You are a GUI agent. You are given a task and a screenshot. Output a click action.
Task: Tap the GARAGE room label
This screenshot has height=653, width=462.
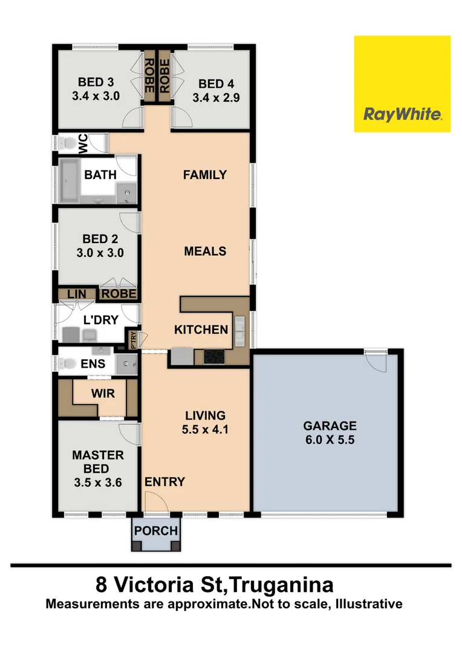330,426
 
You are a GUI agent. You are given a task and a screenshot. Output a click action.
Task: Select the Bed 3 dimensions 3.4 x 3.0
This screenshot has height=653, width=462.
96,96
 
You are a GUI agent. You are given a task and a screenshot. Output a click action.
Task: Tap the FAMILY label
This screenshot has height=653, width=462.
205,175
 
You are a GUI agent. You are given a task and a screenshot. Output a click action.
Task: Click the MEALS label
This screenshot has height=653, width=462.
205,251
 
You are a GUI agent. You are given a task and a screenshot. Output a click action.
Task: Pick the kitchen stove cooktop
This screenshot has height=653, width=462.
214,357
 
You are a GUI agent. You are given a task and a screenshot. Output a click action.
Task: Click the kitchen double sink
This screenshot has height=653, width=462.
240,331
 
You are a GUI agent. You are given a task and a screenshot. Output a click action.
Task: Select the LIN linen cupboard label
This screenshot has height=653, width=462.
77,294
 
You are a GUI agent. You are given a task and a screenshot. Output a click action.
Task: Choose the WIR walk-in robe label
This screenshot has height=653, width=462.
102,393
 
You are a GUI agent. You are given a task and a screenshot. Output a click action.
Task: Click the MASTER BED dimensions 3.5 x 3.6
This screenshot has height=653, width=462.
97,483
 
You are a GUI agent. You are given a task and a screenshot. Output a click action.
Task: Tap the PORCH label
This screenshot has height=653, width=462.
156,531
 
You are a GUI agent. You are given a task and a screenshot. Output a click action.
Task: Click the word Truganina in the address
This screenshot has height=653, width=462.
282,585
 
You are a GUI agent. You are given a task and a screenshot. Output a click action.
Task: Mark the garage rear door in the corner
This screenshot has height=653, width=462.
378,361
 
